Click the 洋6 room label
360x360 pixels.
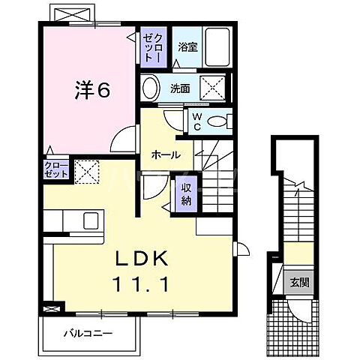[91, 91]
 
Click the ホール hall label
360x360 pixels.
[165, 155]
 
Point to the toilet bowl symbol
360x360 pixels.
[217, 122]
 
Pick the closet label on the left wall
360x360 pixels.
[56, 169]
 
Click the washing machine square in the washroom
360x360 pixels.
[211, 88]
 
